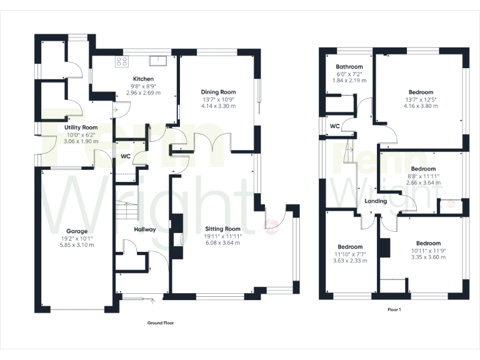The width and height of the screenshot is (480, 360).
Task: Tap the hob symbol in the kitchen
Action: [122, 61]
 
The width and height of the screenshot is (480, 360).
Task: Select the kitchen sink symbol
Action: [157, 61]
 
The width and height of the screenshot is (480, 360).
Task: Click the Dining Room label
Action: [218, 92]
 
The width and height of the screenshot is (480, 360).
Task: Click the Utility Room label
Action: [81, 127]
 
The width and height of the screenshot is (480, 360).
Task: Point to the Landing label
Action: [376, 201]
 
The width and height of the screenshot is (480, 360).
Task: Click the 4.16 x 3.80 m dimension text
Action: [421, 106]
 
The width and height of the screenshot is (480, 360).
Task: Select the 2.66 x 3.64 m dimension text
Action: [424, 183]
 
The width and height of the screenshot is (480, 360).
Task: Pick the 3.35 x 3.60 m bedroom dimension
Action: [426, 257]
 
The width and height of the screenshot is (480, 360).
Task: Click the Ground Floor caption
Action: [161, 323]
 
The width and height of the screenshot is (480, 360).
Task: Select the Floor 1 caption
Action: [394, 309]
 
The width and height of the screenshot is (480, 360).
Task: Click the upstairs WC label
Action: [334, 126]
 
